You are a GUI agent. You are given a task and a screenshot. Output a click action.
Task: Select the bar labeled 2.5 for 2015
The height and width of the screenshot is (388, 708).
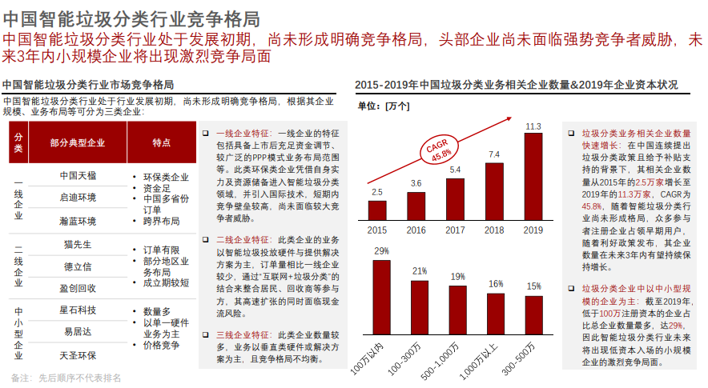coord(376,209)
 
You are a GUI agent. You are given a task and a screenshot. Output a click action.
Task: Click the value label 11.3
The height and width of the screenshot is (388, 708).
coord(533,126)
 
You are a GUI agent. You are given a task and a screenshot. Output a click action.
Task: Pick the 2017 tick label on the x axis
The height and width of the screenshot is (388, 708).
coord(455,230)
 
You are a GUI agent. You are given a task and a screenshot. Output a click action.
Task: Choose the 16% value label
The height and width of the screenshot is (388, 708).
coord(496,284)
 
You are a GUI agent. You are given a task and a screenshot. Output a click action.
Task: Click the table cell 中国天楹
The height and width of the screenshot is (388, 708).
coord(78,175)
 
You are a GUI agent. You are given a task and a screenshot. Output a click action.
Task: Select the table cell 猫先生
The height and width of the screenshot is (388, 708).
coord(78,243)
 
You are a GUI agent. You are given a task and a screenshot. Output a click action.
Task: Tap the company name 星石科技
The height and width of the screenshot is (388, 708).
coord(78,310)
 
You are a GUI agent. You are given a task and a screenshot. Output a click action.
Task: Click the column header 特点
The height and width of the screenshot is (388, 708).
coord(161,142)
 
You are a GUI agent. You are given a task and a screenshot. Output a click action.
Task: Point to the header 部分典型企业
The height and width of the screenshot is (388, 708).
coord(78,142)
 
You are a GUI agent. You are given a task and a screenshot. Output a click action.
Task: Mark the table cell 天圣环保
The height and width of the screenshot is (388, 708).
coord(78,354)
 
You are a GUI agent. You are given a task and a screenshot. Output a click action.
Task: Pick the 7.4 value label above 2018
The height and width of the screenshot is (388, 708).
coord(494,154)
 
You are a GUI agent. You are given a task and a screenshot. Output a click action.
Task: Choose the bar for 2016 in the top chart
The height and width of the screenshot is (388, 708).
coord(416,205)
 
